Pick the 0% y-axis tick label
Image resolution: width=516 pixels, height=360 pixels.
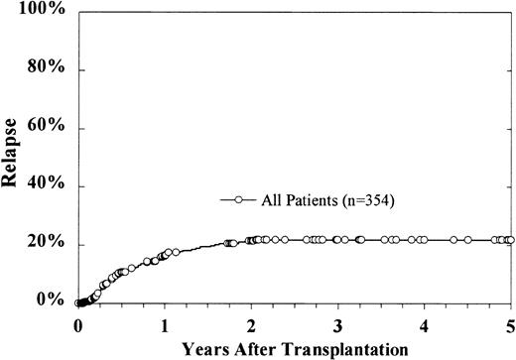(53, 301)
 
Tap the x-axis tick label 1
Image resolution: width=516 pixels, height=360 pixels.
(165, 324)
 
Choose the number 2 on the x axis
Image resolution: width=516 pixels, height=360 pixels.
(251, 324)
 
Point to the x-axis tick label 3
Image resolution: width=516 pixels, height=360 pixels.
(337, 324)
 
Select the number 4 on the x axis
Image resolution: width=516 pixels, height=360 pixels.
(425, 324)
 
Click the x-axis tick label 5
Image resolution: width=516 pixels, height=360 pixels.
(510, 324)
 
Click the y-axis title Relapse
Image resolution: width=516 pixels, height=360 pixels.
(14, 156)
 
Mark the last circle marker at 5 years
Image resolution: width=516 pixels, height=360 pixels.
(510, 240)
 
